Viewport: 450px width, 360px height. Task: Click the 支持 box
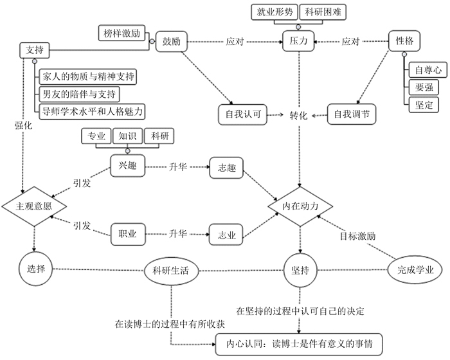tap(35, 50)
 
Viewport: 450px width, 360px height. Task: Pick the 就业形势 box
tap(274, 12)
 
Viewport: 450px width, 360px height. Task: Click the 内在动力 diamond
tap(301, 206)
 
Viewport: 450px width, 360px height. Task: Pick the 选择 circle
tap(33, 268)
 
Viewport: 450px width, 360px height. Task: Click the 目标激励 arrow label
tap(358, 235)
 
